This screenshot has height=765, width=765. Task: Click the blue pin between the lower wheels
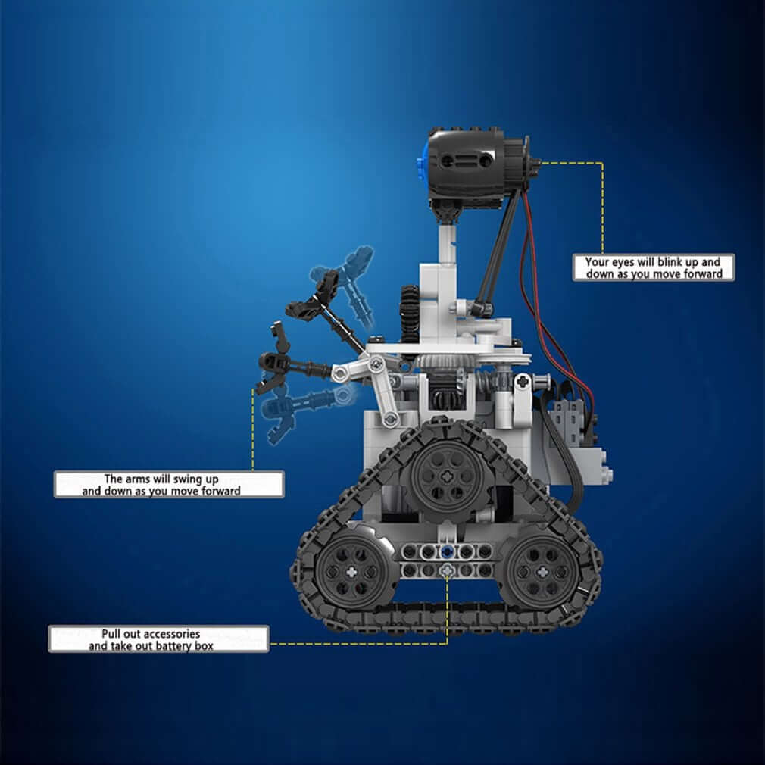448,552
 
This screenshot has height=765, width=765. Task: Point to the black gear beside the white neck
411,311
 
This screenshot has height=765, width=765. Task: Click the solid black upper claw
317,296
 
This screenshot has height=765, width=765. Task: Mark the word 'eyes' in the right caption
627,262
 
